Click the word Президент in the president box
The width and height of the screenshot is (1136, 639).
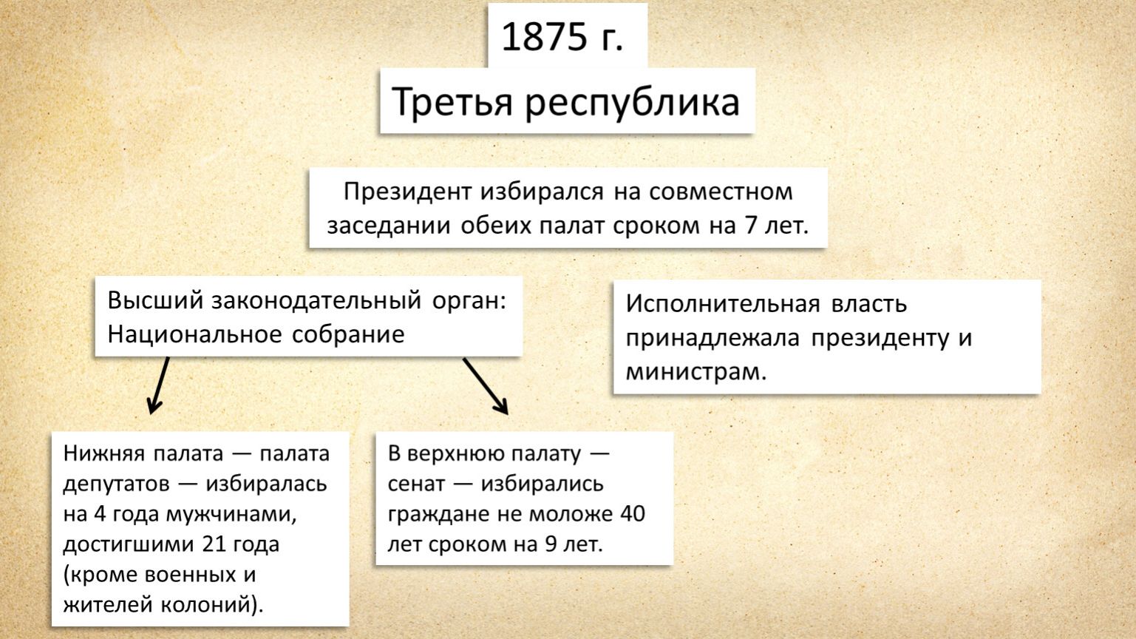click(407, 192)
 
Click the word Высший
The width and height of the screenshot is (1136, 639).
click(155, 301)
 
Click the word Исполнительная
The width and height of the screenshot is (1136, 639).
click(723, 304)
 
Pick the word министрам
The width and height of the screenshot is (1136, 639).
click(696, 371)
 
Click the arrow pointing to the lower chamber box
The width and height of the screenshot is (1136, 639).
click(159, 385)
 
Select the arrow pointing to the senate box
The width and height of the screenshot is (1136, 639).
click(486, 386)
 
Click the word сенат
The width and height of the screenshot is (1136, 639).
click(416, 484)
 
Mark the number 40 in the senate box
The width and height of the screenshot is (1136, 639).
click(633, 514)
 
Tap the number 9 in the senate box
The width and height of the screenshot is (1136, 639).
click(550, 544)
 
